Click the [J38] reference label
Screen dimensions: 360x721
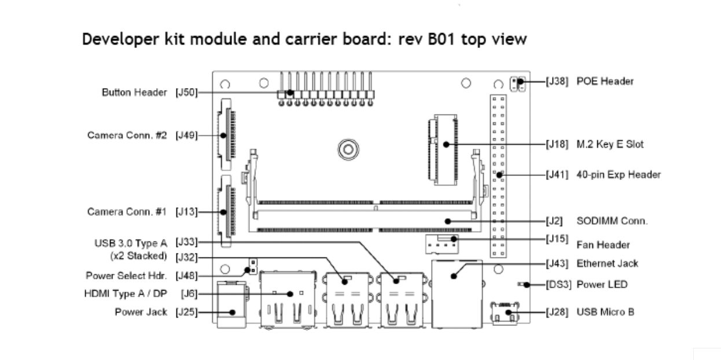click(x=558, y=81)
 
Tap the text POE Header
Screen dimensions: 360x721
click(x=605, y=81)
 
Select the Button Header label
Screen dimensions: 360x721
click(x=134, y=92)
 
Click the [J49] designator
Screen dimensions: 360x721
click(x=186, y=135)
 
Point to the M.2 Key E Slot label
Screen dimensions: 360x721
click(x=610, y=144)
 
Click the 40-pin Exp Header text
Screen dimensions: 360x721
click(x=619, y=174)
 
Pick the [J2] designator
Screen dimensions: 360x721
click(x=554, y=221)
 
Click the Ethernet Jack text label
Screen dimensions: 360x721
click(x=607, y=263)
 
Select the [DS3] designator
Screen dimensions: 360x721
click(x=558, y=285)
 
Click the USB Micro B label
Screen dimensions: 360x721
click(x=605, y=312)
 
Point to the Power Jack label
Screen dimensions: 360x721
click(x=141, y=312)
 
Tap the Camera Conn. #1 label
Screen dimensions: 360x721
click(x=127, y=211)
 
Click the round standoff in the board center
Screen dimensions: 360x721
click(x=347, y=149)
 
